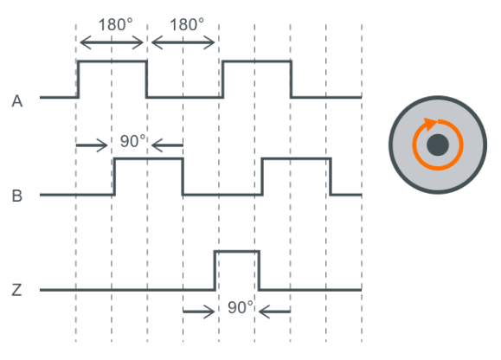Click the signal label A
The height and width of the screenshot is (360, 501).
pyautogui.click(x=17, y=101)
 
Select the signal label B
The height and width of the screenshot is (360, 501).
pyautogui.click(x=17, y=196)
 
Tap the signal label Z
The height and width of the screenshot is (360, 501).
pyautogui.click(x=16, y=290)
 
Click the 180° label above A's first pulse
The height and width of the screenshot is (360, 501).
pyautogui.click(x=115, y=24)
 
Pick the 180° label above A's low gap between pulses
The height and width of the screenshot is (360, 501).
pyautogui.click(x=187, y=24)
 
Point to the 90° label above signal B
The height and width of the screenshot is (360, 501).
pyautogui.click(x=133, y=141)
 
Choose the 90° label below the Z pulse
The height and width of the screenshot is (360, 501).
pyautogui.click(x=241, y=307)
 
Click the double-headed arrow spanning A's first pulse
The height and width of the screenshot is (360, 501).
pyautogui.click(x=112, y=42)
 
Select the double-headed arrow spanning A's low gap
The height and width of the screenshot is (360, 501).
pyautogui.click(x=183, y=42)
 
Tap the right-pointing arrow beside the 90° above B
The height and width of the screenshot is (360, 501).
pyautogui.click(x=92, y=145)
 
